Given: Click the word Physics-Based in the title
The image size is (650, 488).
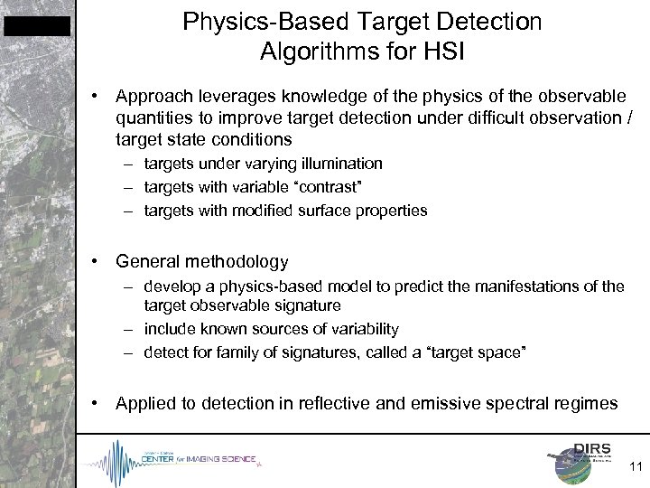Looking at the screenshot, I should tap(260, 20).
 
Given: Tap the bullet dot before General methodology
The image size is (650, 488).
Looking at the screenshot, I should tap(97, 262).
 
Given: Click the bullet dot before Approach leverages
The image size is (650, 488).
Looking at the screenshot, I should tap(97, 97).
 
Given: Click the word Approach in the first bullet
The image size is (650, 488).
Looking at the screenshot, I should tap(149, 97).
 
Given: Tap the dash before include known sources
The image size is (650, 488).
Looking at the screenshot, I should tap(132, 328).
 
